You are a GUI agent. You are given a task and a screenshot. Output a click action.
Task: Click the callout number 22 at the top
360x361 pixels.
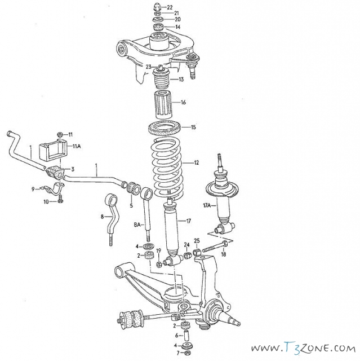tap(170, 7)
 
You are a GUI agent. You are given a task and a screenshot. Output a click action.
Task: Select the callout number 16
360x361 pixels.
tap(183, 102)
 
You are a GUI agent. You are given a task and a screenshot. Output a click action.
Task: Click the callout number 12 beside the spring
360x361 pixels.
tap(196, 163)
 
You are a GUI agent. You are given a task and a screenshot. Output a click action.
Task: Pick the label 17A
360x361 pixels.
tap(207, 205)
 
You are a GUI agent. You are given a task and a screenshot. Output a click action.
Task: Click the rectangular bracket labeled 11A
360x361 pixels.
tap(53, 149)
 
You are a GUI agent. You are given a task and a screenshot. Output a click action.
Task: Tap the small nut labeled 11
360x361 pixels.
tap(59, 134)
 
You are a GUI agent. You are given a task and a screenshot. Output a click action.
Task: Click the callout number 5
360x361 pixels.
tap(131, 205)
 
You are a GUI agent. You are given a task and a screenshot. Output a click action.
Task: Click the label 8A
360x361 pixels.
tap(137, 224)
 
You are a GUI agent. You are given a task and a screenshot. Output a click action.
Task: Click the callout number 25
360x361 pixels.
tap(197, 241)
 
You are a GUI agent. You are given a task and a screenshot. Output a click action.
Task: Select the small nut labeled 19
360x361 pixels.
tap(159, 265)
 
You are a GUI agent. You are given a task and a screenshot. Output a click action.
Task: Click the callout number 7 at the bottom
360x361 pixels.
tap(178, 353)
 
